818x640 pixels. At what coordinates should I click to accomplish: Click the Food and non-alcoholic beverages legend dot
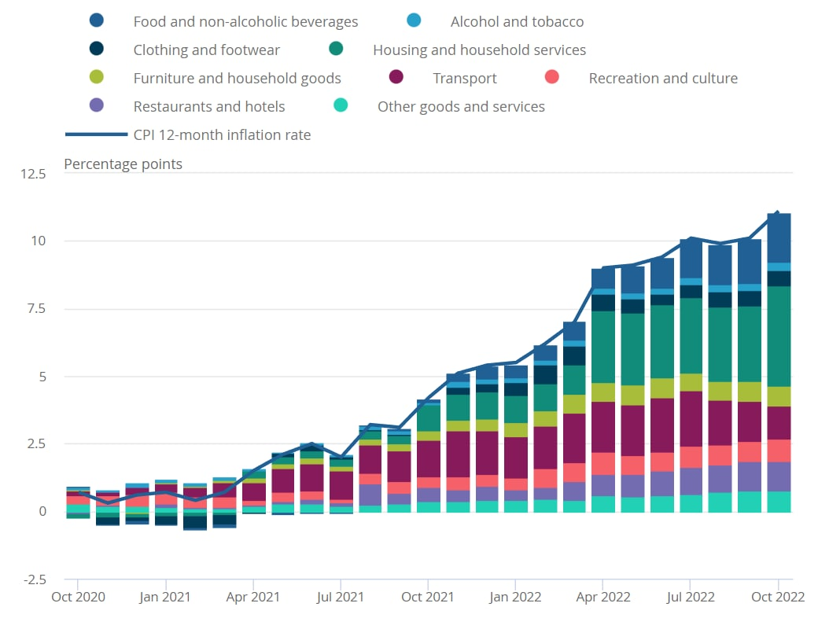click(98, 21)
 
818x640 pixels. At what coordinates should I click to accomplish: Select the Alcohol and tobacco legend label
click(517, 22)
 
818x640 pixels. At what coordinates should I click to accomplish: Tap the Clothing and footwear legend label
click(206, 50)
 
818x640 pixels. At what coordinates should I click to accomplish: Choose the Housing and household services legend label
click(479, 50)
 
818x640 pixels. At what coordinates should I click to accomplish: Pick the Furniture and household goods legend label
click(237, 79)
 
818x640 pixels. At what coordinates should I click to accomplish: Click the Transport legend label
click(464, 79)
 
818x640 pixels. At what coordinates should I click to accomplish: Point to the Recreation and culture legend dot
click(553, 78)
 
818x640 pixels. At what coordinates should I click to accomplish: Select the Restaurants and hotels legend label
click(209, 107)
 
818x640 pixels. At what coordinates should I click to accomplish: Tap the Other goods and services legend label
click(461, 107)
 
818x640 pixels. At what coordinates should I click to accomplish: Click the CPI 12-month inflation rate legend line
click(107, 135)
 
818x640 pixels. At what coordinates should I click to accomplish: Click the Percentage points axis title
click(123, 164)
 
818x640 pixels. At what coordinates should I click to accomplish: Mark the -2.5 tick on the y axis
click(34, 579)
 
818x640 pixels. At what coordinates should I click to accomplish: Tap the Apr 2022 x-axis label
click(602, 598)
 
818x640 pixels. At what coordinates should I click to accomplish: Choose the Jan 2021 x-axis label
click(166, 598)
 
